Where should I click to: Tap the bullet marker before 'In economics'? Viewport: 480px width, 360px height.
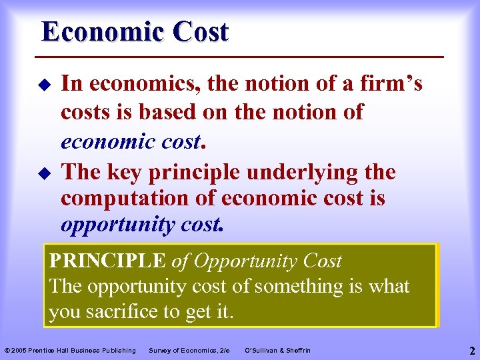pos(46,85)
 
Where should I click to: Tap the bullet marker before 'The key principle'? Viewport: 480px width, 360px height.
pos(46,173)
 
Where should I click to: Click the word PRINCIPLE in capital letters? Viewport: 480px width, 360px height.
pos(107,261)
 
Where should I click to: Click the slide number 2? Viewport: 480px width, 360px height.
pos(471,350)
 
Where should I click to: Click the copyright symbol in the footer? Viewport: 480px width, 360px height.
pos(7,351)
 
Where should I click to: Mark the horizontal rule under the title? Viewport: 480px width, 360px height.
pos(243,56)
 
